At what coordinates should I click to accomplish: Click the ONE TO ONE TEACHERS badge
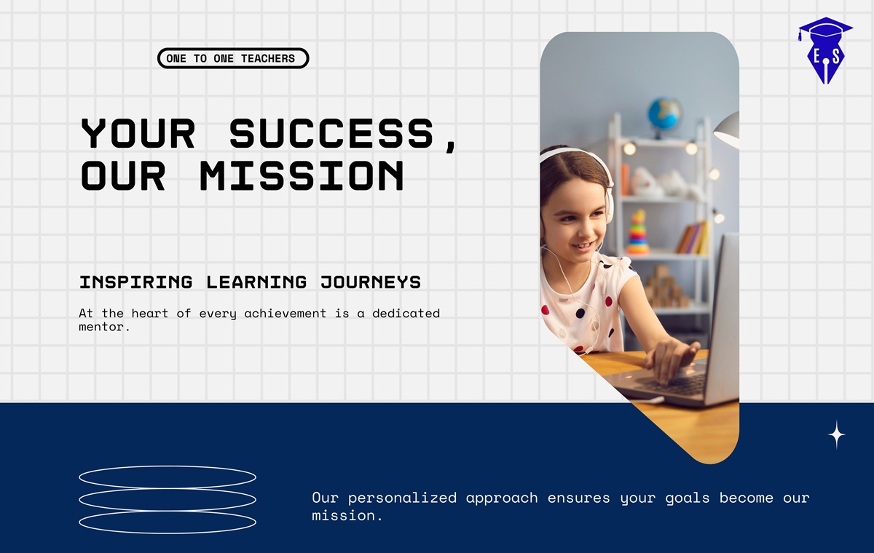point(233,58)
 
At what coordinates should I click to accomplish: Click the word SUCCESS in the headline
point(331,134)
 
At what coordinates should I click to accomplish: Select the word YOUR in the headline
point(138,134)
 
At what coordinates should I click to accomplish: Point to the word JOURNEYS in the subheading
point(371,282)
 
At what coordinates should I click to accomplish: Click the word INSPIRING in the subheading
point(135,282)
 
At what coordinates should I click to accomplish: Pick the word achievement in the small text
point(285,314)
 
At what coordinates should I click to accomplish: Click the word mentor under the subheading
point(101,327)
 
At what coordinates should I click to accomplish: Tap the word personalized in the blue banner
point(402,498)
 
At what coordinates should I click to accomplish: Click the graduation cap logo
point(826,50)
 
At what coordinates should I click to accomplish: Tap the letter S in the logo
point(835,57)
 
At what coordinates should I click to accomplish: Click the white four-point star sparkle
point(837,434)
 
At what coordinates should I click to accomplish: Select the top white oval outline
point(168,466)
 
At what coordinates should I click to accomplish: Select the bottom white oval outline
point(168,533)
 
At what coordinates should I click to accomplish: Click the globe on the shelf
point(664,114)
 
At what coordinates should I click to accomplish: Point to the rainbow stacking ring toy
point(638,233)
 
